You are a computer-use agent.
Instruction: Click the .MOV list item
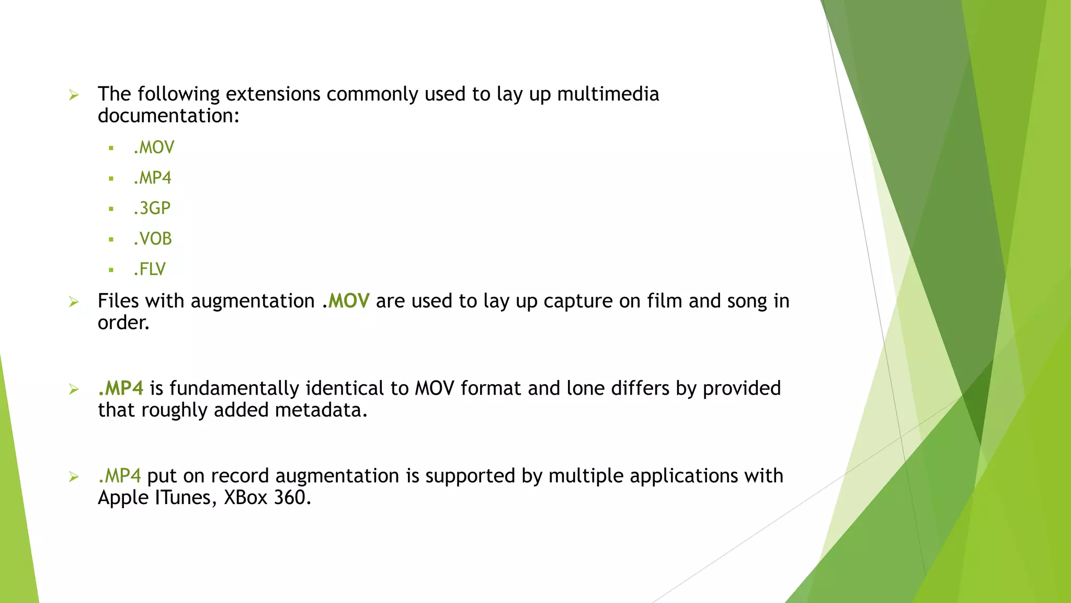coord(154,148)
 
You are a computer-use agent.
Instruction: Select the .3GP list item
coord(152,208)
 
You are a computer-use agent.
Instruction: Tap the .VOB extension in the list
coord(153,239)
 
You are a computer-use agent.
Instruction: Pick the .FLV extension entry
coord(150,269)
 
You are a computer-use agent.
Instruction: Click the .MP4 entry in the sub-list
coord(152,178)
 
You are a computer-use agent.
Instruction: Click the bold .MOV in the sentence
coord(346,301)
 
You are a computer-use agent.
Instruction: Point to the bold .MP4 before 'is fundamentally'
coord(121,388)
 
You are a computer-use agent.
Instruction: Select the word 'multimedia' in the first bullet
coord(608,94)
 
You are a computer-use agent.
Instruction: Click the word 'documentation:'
coord(168,116)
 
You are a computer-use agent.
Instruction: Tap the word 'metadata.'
coord(321,410)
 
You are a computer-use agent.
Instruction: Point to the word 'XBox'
coord(246,497)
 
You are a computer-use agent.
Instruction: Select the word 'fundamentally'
coord(234,388)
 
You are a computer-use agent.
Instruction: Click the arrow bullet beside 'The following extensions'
coord(74,95)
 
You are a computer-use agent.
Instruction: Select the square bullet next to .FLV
coord(111,270)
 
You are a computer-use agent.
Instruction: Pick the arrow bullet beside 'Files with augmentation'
coord(74,302)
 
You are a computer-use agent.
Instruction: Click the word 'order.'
coord(123,322)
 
